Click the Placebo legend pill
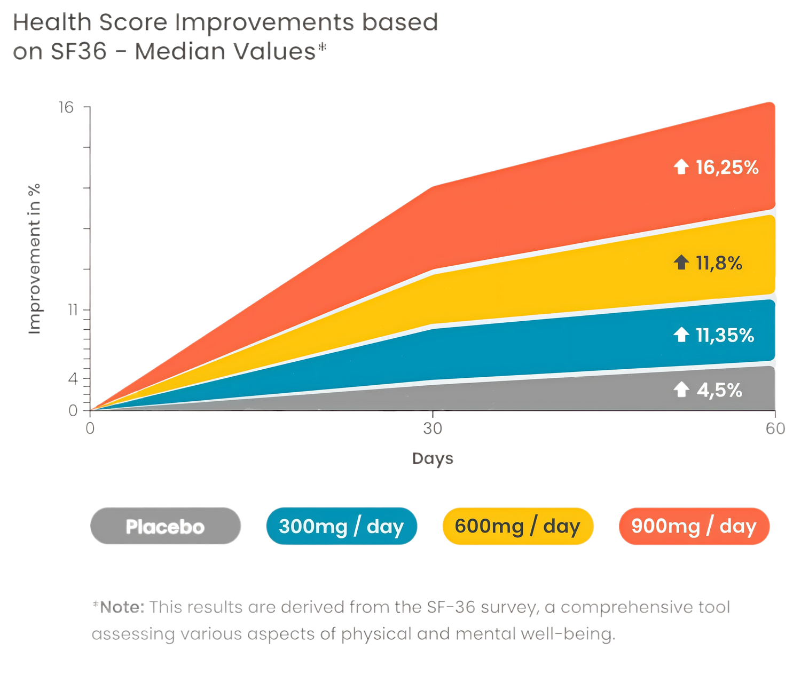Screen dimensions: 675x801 [166, 526]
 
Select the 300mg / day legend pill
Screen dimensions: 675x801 [341, 526]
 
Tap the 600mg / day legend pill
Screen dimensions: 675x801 [517, 526]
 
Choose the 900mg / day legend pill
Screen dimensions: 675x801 [694, 526]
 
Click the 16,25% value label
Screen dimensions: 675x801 [727, 168]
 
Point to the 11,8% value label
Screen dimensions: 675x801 [719, 263]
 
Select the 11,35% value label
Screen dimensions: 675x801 [725, 336]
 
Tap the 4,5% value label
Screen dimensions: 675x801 [719, 391]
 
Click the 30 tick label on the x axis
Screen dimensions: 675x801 [433, 428]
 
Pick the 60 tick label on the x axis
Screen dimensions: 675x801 [775, 428]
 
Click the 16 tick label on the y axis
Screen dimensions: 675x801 [66, 108]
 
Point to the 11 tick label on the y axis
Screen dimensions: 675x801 [73, 309]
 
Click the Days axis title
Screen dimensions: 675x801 [432, 458]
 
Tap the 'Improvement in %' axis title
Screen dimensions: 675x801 [35, 259]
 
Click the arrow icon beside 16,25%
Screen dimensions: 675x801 [681, 168]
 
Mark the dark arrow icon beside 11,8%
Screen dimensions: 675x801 [681, 263]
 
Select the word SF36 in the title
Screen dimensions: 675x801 [78, 52]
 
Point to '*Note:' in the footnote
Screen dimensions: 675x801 [119, 607]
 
